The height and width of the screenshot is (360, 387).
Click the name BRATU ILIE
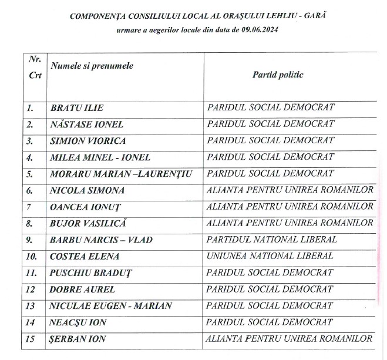(x=77, y=108)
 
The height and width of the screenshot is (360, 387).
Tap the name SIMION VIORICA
(x=88, y=141)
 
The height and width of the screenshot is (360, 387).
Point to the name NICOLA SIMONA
(x=88, y=190)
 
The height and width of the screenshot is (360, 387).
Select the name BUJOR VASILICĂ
(x=89, y=223)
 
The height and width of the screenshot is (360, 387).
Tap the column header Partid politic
(x=278, y=75)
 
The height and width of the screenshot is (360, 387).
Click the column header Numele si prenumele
(x=92, y=66)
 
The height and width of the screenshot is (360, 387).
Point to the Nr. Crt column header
(x=35, y=67)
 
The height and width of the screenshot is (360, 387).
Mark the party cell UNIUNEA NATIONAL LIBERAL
(x=270, y=256)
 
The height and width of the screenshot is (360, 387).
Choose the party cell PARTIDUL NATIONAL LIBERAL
(x=272, y=240)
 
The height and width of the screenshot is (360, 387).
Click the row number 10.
(x=32, y=256)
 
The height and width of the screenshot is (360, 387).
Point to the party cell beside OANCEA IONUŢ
(x=290, y=207)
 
